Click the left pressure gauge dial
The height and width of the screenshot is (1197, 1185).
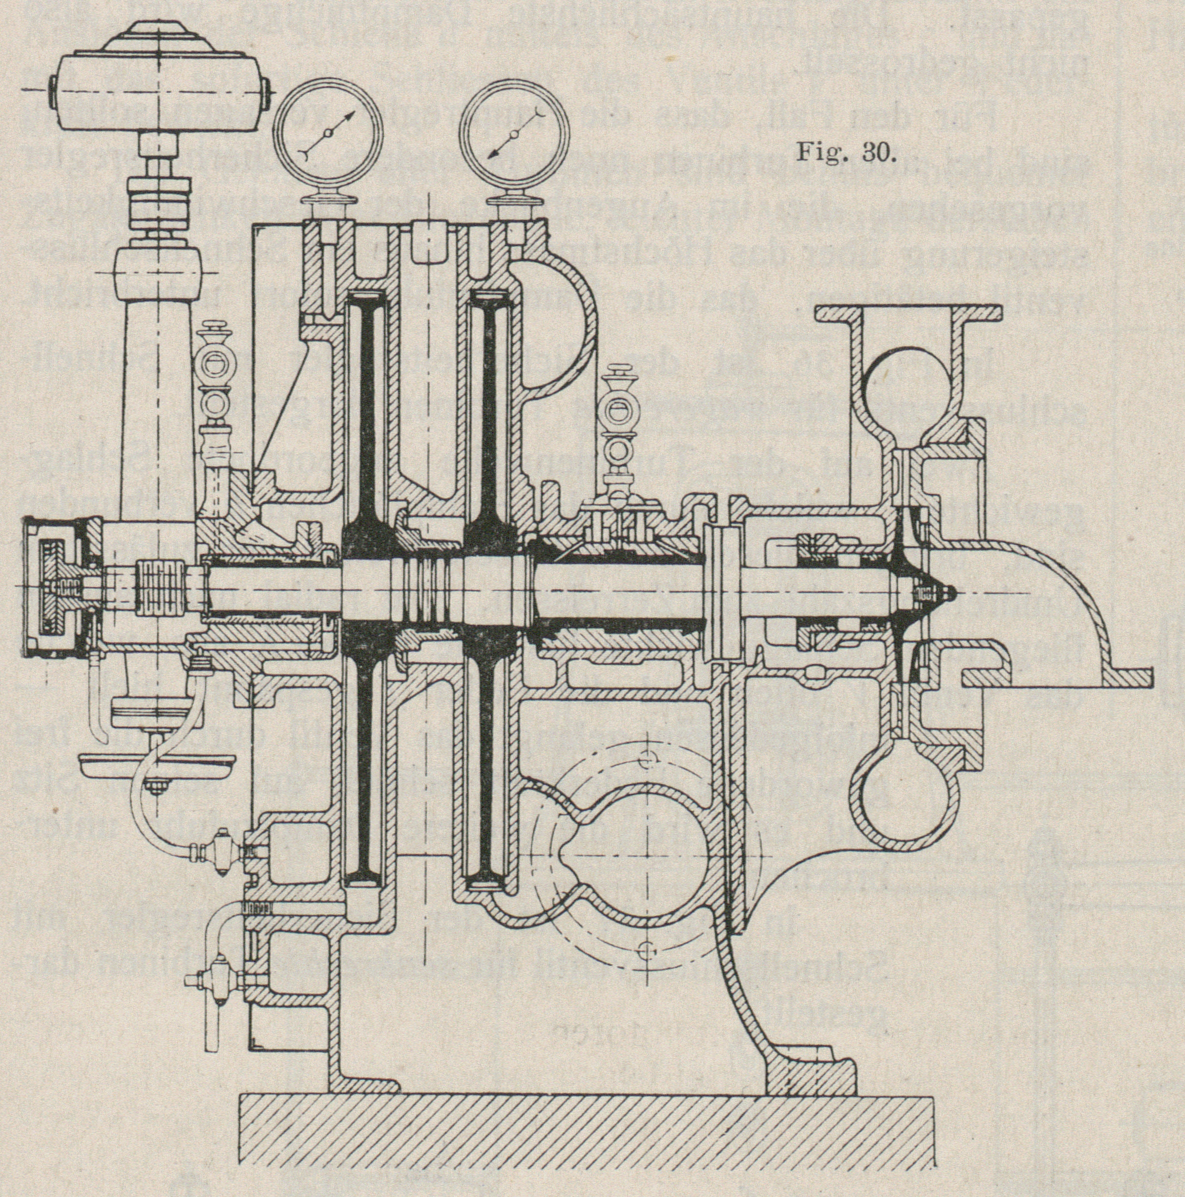(328, 133)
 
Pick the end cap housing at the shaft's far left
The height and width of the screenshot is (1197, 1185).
(53, 585)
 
